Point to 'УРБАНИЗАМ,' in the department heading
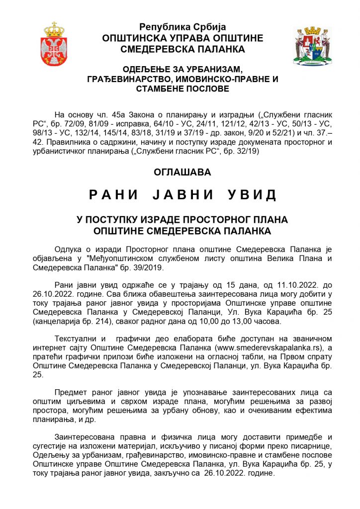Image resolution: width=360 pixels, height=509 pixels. click(212, 70)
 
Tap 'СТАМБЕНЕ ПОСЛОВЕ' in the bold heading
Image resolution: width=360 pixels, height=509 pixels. click(182, 89)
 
